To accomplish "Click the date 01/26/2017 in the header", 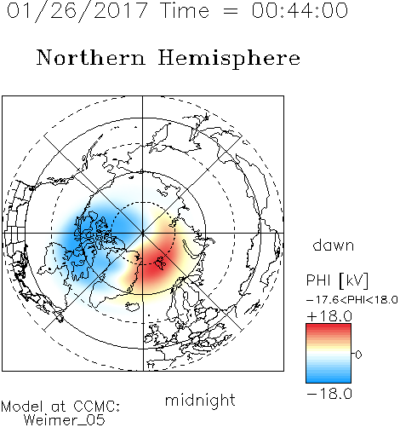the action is point(77,11).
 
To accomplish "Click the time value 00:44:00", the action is point(300,11).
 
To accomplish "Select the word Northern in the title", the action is point(91,58).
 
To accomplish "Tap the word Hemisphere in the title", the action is point(229,59).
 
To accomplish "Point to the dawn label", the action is point(334,245).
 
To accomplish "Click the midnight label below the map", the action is point(200,400).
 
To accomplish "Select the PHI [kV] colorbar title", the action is point(337,280).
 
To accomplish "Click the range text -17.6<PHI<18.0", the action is point(352,300).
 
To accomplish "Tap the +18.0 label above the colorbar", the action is point(329,316).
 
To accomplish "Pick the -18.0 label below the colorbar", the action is point(329,394).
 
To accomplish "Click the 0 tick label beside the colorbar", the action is point(358,355).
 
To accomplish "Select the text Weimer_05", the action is point(65,420).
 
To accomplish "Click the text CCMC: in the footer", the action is point(97,407).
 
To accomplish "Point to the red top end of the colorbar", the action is point(329,326).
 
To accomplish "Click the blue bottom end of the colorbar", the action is point(329,380).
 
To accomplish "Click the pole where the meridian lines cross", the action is point(142,233).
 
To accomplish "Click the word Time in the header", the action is point(185,10).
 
